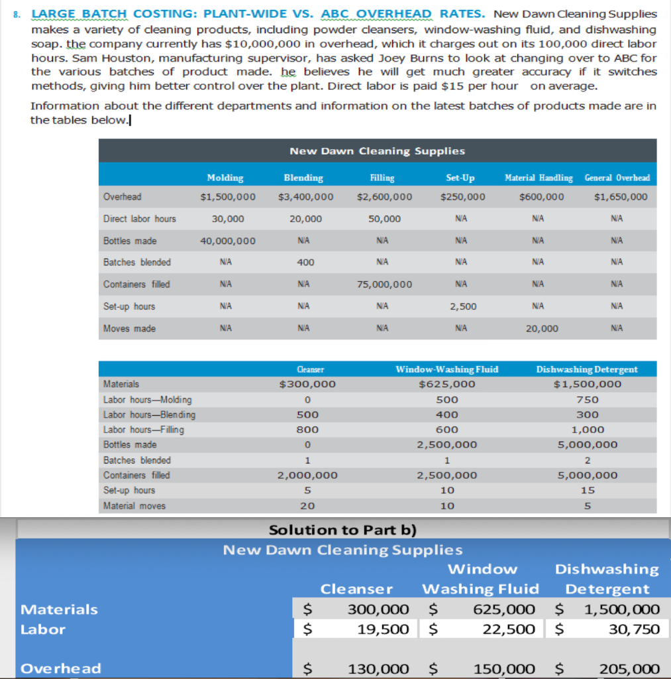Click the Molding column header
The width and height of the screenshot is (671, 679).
(225, 178)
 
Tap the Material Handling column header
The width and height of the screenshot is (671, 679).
(539, 178)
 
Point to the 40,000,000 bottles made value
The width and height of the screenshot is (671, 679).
(228, 241)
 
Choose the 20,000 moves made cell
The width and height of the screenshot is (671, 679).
(541, 329)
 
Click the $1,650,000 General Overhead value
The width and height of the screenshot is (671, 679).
(621, 197)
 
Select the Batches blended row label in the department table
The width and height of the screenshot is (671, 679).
(137, 263)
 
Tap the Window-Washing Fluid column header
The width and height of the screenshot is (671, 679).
(446, 369)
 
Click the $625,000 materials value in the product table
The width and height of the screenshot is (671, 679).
(447, 384)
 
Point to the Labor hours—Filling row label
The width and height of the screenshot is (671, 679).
(144, 430)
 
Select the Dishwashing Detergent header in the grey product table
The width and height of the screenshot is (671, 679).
(587, 369)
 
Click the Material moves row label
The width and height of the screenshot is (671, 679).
(134, 505)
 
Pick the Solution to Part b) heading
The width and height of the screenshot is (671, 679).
(342, 530)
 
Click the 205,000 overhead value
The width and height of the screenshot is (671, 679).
(629, 668)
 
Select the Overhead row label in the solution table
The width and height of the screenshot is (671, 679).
(61, 668)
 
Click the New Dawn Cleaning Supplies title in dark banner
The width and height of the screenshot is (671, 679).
(377, 151)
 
